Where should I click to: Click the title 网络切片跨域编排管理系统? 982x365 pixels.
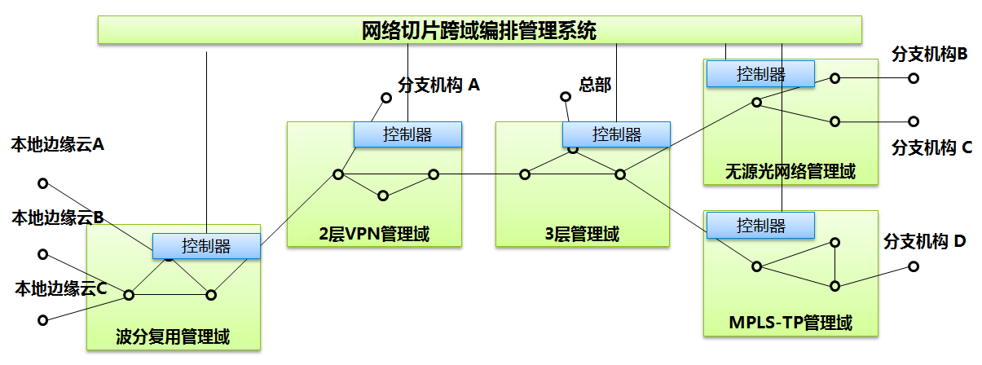[x=479, y=31]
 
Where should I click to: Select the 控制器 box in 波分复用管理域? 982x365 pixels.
[x=206, y=246]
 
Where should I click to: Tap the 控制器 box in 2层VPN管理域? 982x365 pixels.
[x=407, y=134]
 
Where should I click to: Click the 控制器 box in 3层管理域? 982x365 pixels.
[x=616, y=134]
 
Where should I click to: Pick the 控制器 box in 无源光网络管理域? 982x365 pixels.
[x=760, y=74]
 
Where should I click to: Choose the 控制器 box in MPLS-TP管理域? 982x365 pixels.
[x=760, y=225]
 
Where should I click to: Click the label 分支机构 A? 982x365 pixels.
[x=439, y=84]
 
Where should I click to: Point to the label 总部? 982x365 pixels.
[x=595, y=84]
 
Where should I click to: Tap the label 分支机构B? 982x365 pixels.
[x=930, y=55]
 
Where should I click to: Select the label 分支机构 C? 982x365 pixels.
[x=932, y=147]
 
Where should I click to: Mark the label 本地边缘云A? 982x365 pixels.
[x=58, y=145]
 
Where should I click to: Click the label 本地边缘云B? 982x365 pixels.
[x=58, y=218]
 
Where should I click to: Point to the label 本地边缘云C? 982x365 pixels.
[x=61, y=288]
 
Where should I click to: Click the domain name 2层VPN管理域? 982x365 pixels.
[x=374, y=235]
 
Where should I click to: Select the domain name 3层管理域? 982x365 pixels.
[x=582, y=235]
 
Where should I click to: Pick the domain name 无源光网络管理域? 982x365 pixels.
[x=790, y=172]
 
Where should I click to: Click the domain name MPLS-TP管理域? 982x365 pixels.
[x=790, y=323]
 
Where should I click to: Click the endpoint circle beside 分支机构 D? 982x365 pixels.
[x=914, y=266]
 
